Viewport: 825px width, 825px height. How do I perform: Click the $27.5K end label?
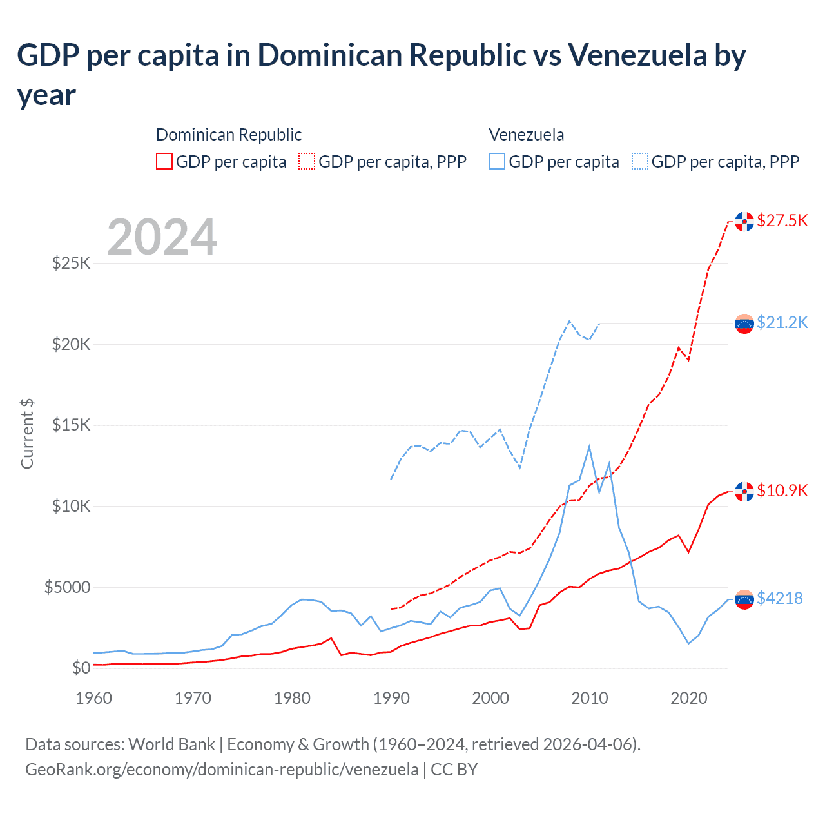pos(782,221)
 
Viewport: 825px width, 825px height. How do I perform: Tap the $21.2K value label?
pos(782,322)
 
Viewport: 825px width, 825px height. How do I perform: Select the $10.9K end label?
pos(782,490)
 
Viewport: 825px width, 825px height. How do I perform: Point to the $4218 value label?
pos(779,598)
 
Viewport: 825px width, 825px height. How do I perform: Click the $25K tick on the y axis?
pos(71,263)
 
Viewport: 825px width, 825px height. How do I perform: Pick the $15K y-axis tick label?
pos(71,425)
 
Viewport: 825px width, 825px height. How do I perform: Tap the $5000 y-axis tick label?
pos(67,587)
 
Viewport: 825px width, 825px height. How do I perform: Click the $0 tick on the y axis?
pos(81,668)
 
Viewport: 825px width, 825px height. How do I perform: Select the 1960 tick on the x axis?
pos(94,698)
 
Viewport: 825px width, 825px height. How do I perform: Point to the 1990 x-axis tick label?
pos(391,698)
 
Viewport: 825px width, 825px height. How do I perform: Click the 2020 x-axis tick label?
pos(689,698)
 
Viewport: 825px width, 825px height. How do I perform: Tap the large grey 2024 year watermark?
pos(162,237)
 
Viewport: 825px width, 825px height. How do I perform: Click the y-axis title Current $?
pos(27,433)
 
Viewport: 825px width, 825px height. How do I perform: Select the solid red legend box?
pos(164,161)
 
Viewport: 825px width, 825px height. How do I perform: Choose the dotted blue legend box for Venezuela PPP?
pos(640,161)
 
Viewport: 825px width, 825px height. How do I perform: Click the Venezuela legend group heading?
pos(526,135)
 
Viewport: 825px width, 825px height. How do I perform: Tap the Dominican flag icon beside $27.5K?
pos(744,221)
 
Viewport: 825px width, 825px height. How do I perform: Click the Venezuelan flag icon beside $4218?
pos(744,599)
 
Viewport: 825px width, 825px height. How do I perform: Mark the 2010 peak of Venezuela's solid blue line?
pos(589,446)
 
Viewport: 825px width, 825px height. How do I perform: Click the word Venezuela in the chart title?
pos(637,55)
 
